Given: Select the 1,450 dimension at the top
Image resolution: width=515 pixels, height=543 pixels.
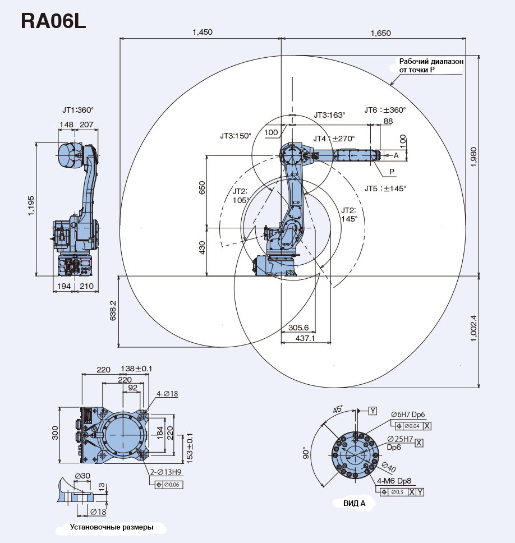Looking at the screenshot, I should [202, 33].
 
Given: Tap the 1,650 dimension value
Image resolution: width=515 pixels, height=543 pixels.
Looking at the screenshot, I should [380, 33].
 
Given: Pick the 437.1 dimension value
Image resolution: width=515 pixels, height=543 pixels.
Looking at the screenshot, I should [305, 339].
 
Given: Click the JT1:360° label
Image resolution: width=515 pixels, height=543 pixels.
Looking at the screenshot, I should [78, 110].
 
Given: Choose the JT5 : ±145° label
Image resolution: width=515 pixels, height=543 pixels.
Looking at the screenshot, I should [385, 189].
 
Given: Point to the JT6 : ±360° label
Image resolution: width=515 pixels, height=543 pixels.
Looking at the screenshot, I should [385, 110].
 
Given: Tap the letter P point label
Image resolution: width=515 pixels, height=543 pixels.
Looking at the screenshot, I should [392, 171].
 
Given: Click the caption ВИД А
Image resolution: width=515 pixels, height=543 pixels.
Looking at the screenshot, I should [354, 503].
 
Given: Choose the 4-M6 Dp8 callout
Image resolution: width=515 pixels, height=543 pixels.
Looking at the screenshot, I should [394, 481].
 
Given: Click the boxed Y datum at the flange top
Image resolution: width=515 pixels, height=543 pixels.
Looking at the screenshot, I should [373, 411].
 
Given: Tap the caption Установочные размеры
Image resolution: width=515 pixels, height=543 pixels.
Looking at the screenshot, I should [111, 527].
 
